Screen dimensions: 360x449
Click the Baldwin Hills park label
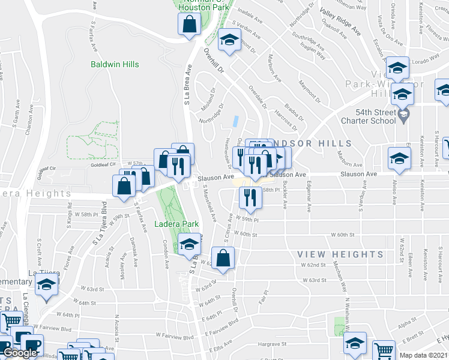[x=115, y=64]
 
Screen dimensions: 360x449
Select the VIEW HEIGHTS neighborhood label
[x=340, y=254]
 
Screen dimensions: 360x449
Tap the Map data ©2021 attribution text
[x=423, y=355]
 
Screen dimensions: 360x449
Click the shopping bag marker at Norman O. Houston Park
[x=188, y=25]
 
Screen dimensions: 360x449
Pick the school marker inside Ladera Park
[x=188, y=244]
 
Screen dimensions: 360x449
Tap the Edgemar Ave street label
[x=310, y=198]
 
